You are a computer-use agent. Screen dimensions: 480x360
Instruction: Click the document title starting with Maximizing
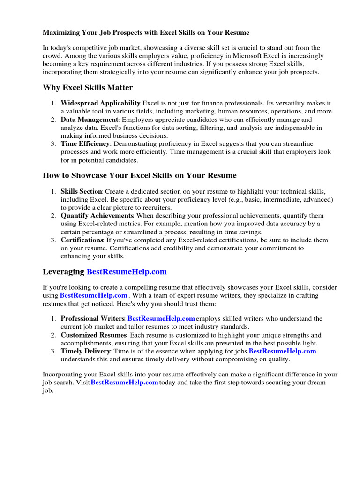point(146,33)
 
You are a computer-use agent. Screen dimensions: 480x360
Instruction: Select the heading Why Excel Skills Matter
point(88,88)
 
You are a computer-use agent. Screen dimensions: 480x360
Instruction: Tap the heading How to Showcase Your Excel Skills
point(139,175)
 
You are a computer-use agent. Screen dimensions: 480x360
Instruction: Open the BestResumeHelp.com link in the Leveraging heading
point(127,272)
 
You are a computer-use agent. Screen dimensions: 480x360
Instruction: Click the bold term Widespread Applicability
point(100,103)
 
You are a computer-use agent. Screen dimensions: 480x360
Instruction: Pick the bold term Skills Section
point(82,191)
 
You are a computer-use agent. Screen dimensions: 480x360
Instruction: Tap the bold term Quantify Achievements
point(97,216)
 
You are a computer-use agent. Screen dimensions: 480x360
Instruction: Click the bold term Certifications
point(82,240)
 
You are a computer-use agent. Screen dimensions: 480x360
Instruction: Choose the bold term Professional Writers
point(92,319)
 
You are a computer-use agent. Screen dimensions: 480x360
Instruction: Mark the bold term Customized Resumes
point(94,335)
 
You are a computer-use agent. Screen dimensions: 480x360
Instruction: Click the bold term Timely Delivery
point(85,351)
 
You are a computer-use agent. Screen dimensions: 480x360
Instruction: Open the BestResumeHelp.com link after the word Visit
point(124,383)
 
